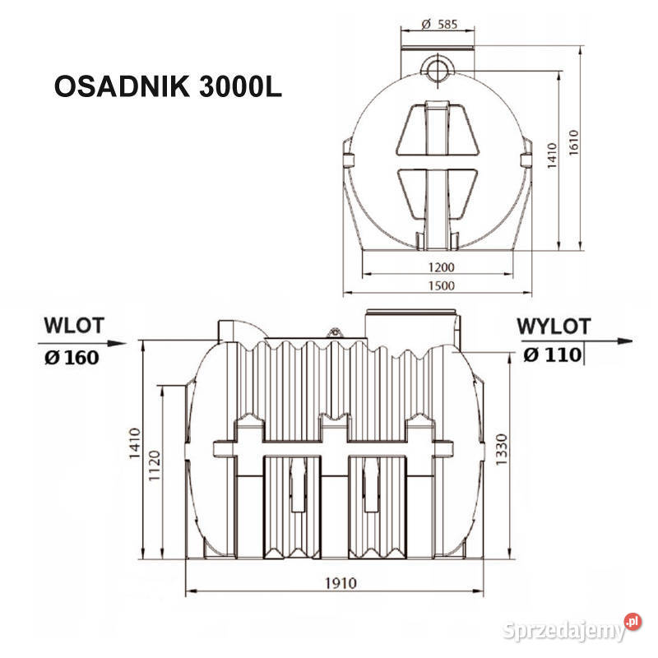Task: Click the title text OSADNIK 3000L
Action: [x=168, y=88]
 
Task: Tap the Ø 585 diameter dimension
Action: [x=438, y=24]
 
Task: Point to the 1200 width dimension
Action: [x=440, y=267]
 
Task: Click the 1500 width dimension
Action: [x=440, y=285]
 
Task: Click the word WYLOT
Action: [x=554, y=326]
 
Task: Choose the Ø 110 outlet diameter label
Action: [x=552, y=355]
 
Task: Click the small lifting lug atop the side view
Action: [x=334, y=331]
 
